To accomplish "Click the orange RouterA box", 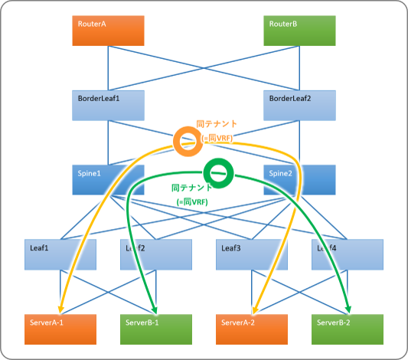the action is (108, 31).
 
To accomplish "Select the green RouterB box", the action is (299, 31).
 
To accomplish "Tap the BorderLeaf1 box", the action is (108, 106).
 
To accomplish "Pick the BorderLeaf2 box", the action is (299, 106).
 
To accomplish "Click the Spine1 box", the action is (108, 180).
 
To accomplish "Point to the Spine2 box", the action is (299, 180).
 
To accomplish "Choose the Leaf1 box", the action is (60, 254).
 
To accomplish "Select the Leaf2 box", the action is (156, 254).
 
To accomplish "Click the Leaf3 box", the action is (252, 254).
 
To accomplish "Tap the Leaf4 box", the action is (348, 254).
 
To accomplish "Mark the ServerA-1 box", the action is (60, 329).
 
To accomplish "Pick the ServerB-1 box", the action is (156, 329).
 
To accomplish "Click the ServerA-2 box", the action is (252, 329).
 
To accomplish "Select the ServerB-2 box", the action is (348, 329).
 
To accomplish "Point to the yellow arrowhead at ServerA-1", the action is (60, 309).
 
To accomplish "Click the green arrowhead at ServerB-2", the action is (348, 309).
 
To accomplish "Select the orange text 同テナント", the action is (217, 124).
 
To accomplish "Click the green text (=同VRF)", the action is (192, 201).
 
